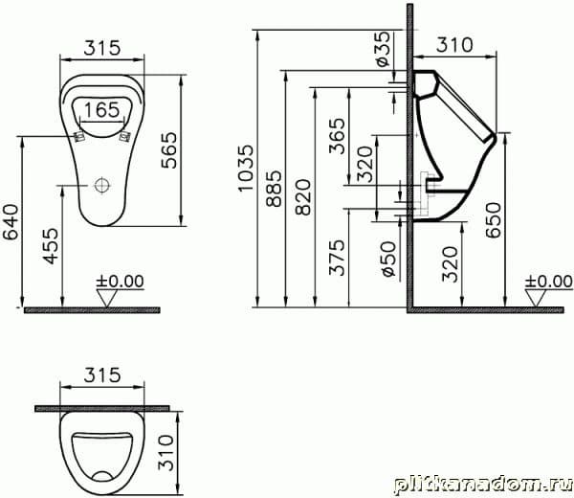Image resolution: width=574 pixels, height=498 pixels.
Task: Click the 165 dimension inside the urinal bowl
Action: click(x=101, y=109)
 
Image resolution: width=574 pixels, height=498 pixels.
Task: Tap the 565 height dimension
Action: click(x=169, y=150)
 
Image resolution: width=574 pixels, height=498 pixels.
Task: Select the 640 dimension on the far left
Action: click(x=11, y=222)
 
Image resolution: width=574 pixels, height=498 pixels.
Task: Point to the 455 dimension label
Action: click(x=51, y=246)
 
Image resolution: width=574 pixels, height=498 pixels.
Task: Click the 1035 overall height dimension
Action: click(x=245, y=168)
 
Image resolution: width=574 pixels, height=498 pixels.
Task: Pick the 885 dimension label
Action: click(x=274, y=189)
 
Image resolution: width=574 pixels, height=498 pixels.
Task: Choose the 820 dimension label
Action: click(x=303, y=196)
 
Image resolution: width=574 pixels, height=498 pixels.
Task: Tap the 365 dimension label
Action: click(x=337, y=136)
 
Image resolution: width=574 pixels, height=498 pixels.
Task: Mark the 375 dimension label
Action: click(x=337, y=258)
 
